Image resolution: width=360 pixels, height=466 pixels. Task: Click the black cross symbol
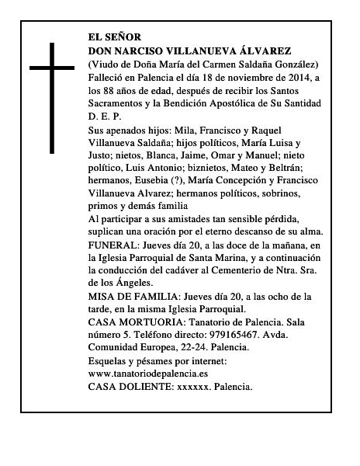[52, 97]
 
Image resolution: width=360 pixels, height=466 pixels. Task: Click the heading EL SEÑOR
[115, 37]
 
